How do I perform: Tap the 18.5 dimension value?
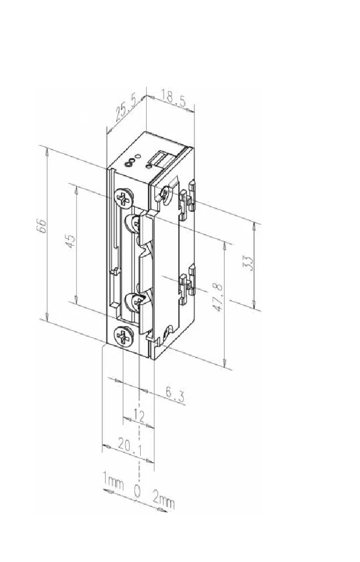tap(173, 98)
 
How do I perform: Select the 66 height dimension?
tap(43, 226)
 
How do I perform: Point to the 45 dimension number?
tap(70, 241)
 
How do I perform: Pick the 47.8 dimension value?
tap(218, 297)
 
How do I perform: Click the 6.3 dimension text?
tap(175, 394)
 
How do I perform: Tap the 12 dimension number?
tap(139, 416)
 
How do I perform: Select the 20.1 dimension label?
tap(130, 447)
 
